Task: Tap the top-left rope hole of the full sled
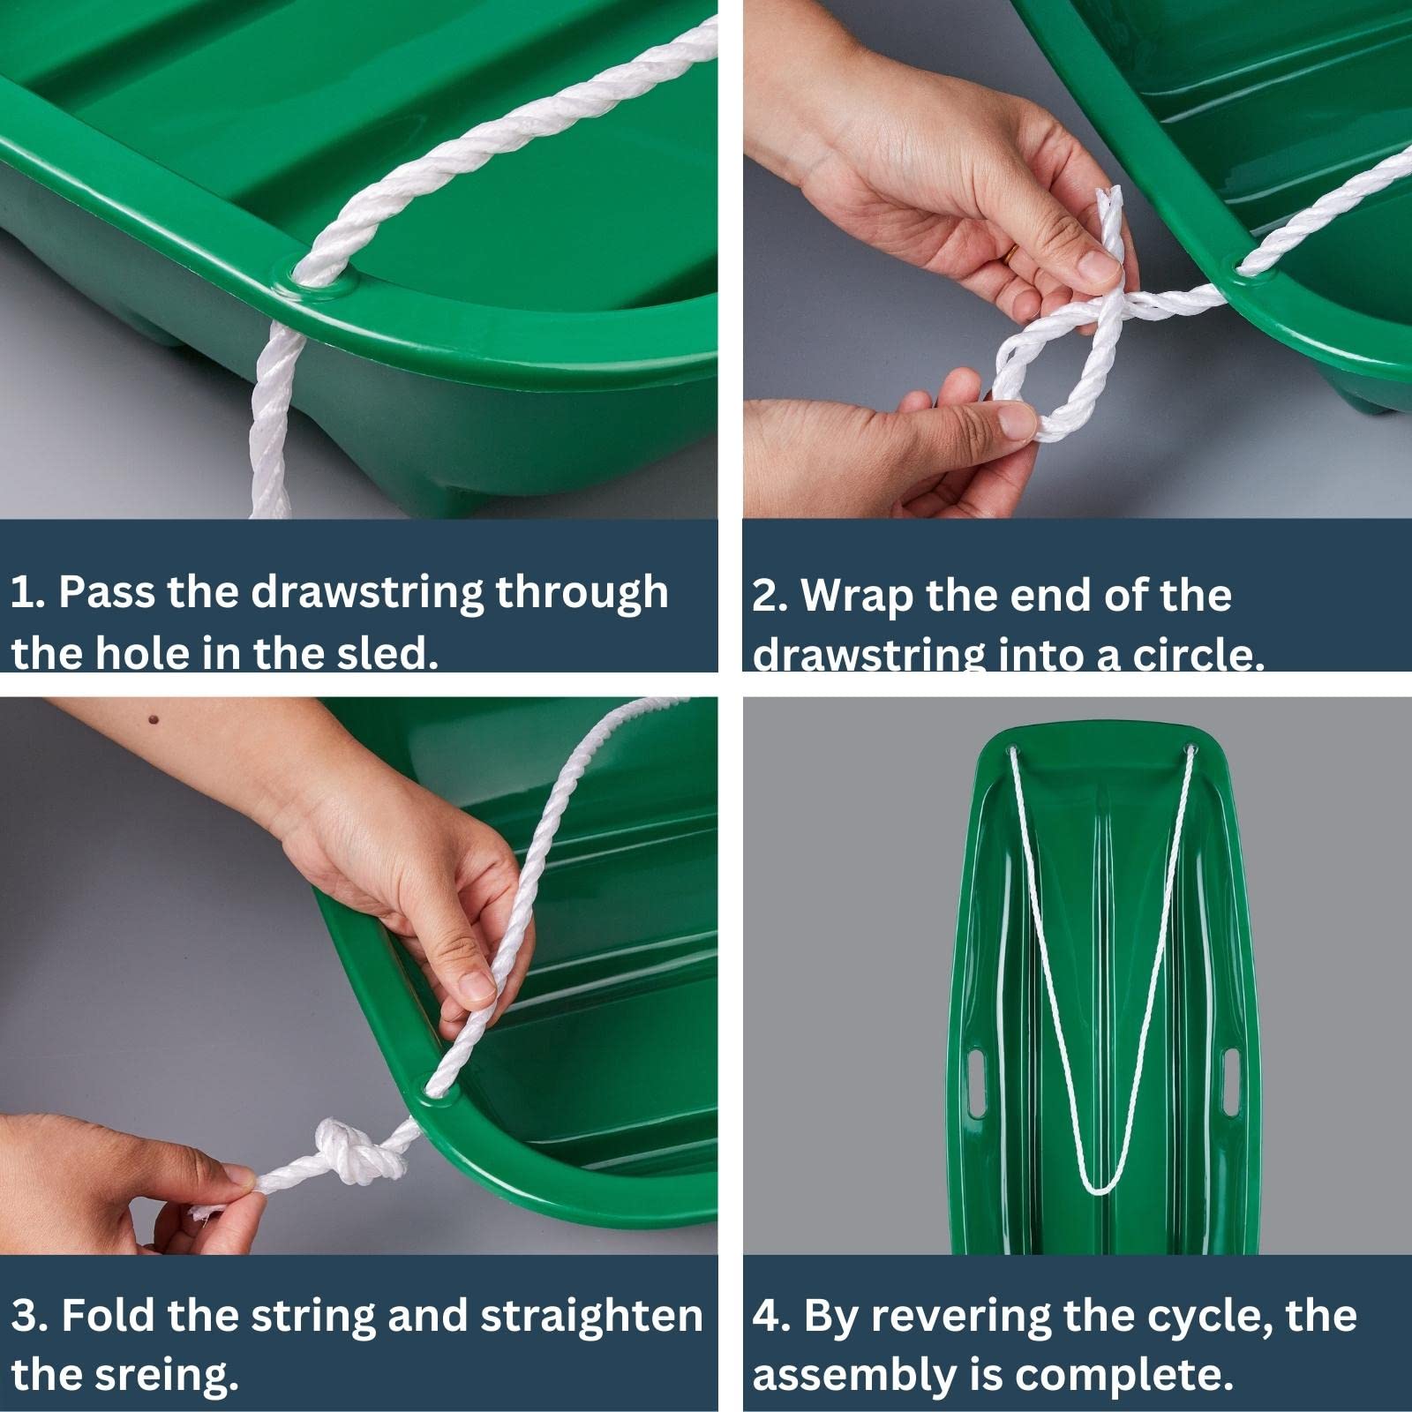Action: (x=1010, y=749)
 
